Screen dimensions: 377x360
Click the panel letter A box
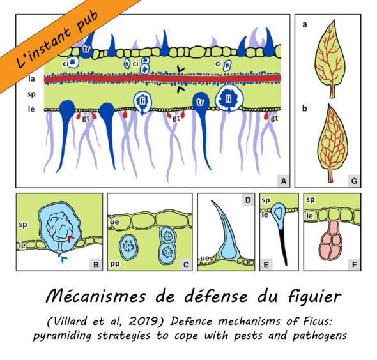pyautogui.click(x=284, y=181)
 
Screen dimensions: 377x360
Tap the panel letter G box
pyautogui.click(x=354, y=181)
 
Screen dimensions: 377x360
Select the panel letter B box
pyautogui.click(x=96, y=265)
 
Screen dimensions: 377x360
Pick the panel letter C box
pyautogui.click(x=186, y=265)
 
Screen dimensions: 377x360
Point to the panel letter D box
pyautogui.click(x=248, y=200)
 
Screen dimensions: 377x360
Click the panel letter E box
pyautogui.click(x=266, y=265)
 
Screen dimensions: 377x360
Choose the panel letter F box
pyautogui.click(x=354, y=265)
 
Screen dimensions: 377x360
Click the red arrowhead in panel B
pyautogui.click(x=71, y=239)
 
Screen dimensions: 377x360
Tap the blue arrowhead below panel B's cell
pyautogui.click(x=64, y=259)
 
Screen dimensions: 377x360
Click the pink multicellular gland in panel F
pyautogui.click(x=331, y=240)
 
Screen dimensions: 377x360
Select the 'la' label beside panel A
pyautogui.click(x=31, y=79)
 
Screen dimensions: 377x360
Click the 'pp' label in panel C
pyautogui.click(x=114, y=264)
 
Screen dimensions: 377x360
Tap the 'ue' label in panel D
pyautogui.click(x=204, y=258)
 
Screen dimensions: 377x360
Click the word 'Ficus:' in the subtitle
pyautogui.click(x=318, y=321)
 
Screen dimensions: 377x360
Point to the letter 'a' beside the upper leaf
pyautogui.click(x=305, y=24)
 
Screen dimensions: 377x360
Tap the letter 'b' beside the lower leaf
pyautogui.click(x=305, y=109)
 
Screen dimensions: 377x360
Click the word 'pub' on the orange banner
pyautogui.click(x=88, y=22)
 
